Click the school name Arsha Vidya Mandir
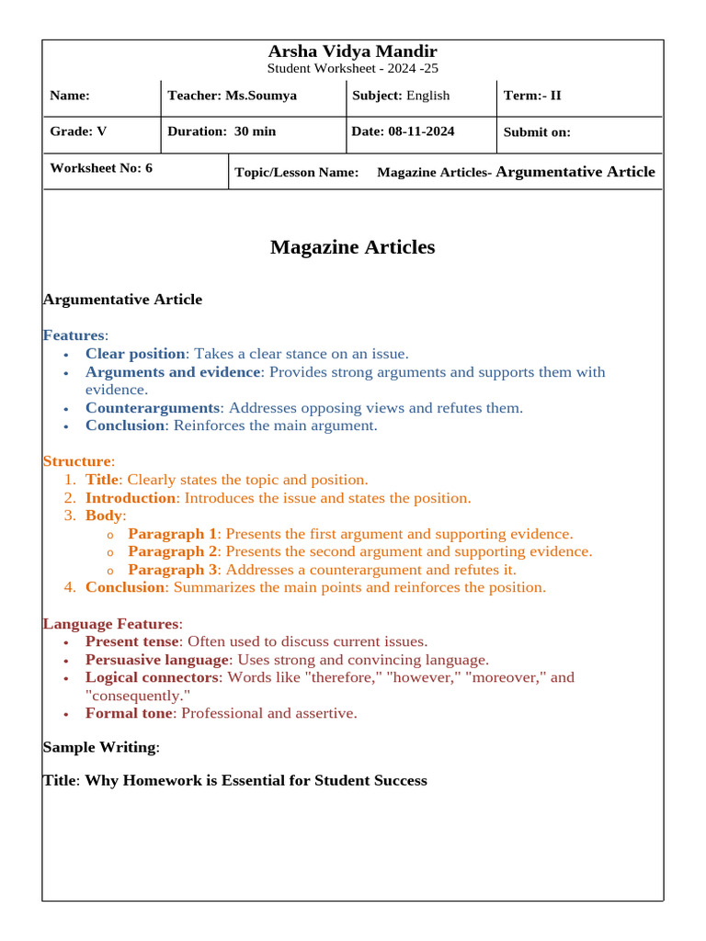pyautogui.click(x=352, y=51)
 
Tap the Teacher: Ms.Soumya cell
pyautogui.click(x=232, y=96)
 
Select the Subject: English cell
pyautogui.click(x=401, y=96)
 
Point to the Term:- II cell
pyautogui.click(x=532, y=96)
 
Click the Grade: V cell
pyautogui.click(x=78, y=131)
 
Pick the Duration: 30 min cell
pyautogui.click(x=222, y=131)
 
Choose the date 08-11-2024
pyautogui.click(x=421, y=131)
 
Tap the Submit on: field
pyautogui.click(x=537, y=132)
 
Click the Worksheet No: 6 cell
pyautogui.click(x=101, y=168)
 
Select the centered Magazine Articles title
pyautogui.click(x=352, y=247)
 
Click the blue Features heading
pyautogui.click(x=74, y=335)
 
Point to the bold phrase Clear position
pyautogui.click(x=135, y=354)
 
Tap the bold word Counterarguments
pyautogui.click(x=153, y=408)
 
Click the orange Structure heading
pyautogui.click(x=77, y=461)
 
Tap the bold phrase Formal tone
pyautogui.click(x=129, y=713)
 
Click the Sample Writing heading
pyautogui.click(x=100, y=748)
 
